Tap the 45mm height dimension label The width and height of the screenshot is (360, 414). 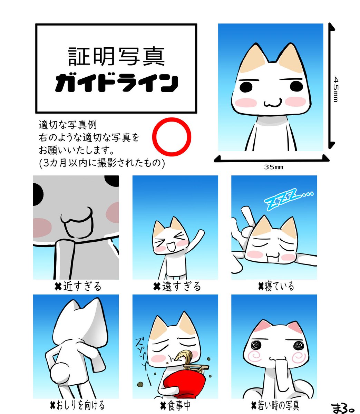pos(336,89)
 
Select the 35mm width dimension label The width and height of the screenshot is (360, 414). pos(273,167)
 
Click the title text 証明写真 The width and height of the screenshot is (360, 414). pos(116,56)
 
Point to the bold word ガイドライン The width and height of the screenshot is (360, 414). pos(116,83)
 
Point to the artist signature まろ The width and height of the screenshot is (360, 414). pos(342,408)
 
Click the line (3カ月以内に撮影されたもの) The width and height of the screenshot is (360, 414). pos(102,163)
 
